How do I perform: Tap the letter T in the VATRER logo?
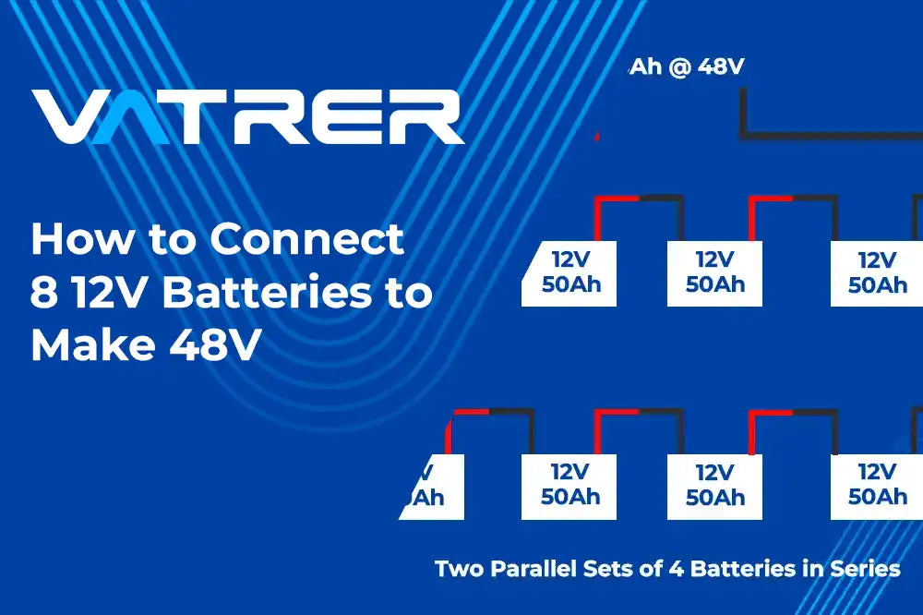click(214, 117)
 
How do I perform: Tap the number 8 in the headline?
click(42, 293)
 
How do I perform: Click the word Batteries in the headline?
click(269, 293)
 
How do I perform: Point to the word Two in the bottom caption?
click(458, 569)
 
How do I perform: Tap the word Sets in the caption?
click(615, 569)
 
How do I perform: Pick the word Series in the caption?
click(865, 569)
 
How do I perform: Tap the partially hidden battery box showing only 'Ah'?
click(432, 487)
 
